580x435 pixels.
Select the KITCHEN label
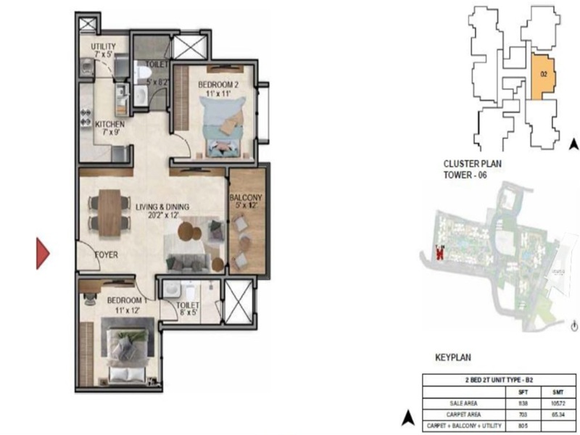[x=110, y=125]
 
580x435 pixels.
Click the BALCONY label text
[x=246, y=197]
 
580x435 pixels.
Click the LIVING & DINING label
[x=162, y=207]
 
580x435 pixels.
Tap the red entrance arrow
[x=43, y=253]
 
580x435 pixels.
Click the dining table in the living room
[x=110, y=210]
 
